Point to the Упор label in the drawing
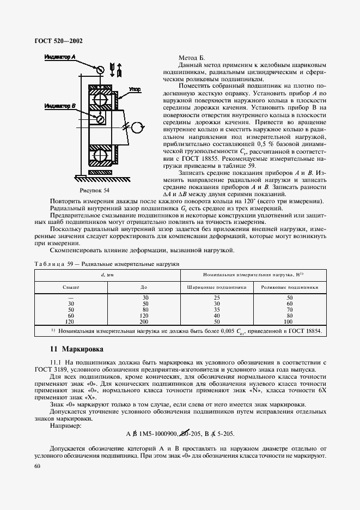coord(135,88)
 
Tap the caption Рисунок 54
coord(95,190)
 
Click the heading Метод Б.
coord(192,58)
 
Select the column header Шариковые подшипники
coord(217,286)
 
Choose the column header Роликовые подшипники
coord(289,286)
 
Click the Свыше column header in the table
coord(71,286)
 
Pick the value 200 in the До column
coord(144,322)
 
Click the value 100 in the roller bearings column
coord(289,322)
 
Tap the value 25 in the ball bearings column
coord(217,297)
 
